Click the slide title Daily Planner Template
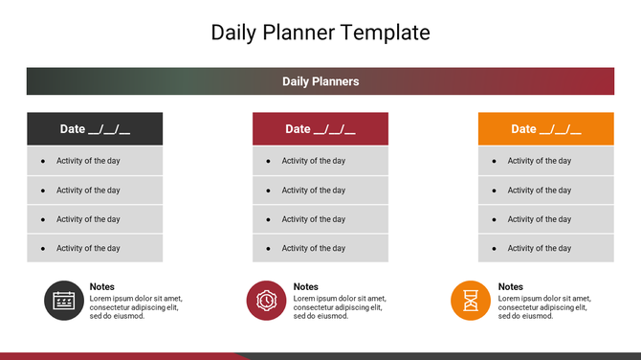point(320,32)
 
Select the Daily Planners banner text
point(320,81)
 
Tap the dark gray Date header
point(95,129)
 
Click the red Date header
point(320,129)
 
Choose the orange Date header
point(546,129)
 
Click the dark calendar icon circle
point(64,301)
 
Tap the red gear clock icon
point(267,301)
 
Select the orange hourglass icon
point(471,301)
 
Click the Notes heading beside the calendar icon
point(102,286)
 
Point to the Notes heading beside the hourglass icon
point(511,286)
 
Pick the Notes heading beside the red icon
point(306,286)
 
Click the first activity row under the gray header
point(95,161)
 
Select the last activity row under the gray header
point(95,248)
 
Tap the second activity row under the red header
point(320,190)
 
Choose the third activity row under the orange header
point(546,219)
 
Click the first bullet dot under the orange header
point(495,161)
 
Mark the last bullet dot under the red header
point(269,248)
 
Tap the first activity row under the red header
point(320,161)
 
